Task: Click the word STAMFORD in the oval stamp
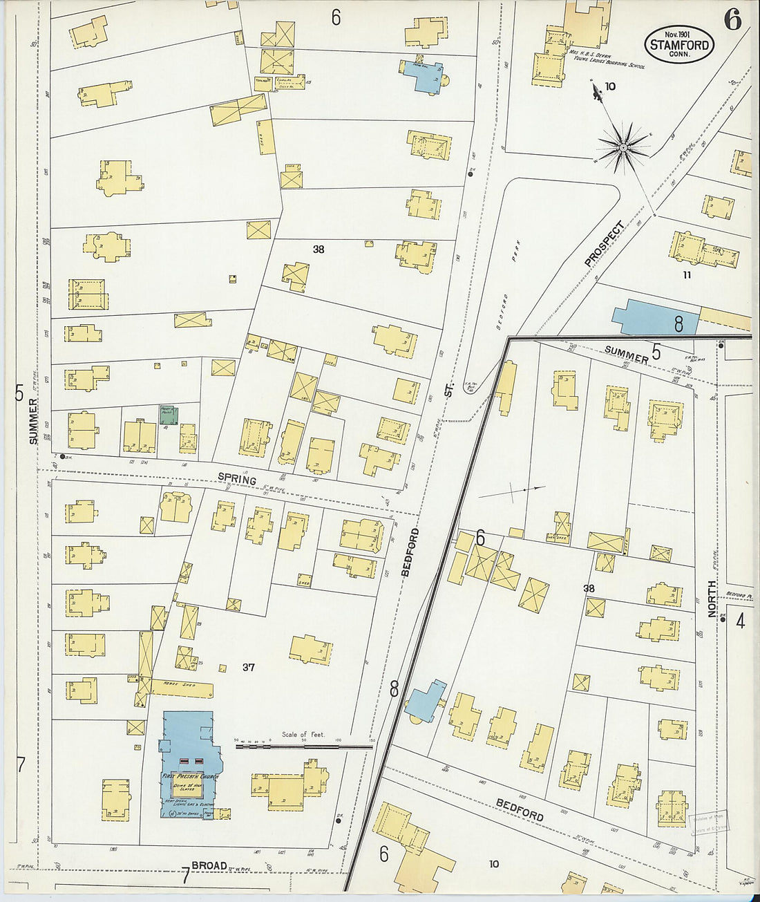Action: click(679, 45)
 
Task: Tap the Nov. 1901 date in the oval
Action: click(678, 34)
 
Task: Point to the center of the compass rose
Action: click(623, 147)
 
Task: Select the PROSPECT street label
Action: click(604, 243)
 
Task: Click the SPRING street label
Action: click(237, 478)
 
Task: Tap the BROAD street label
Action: click(209, 865)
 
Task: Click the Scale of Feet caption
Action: click(303, 734)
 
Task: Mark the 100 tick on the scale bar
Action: click(338, 740)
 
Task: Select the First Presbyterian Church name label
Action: click(190, 776)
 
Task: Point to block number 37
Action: click(249, 667)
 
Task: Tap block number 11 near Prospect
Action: click(686, 274)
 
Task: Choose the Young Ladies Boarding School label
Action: click(608, 63)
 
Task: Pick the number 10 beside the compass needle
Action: click(609, 86)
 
